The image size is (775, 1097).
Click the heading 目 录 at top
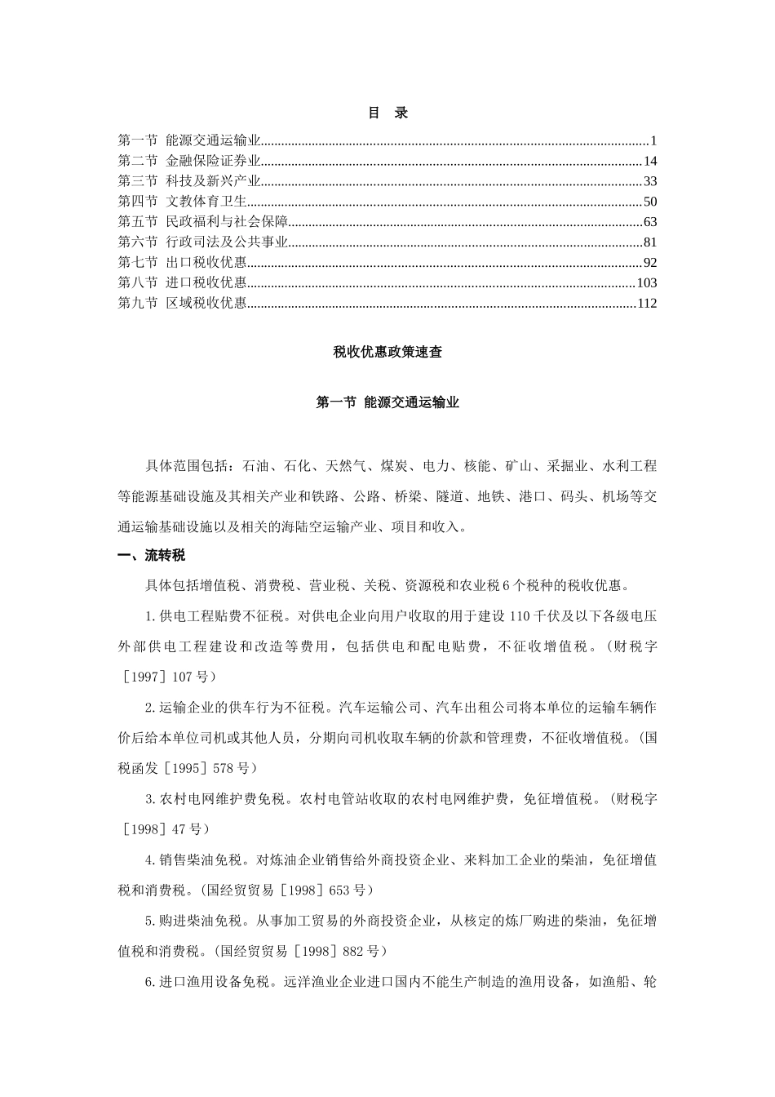387,113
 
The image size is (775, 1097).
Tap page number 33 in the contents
649,181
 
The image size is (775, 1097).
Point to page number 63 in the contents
649,222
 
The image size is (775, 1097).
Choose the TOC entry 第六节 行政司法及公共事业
203,242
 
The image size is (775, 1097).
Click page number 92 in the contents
649,263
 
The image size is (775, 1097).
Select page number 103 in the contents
646,283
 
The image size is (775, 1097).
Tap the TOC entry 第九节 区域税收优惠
182,304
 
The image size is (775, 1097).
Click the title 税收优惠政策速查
387,353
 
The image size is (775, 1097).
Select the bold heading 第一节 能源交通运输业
387,402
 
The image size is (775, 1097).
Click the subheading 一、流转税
152,556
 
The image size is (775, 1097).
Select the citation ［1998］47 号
163,829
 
